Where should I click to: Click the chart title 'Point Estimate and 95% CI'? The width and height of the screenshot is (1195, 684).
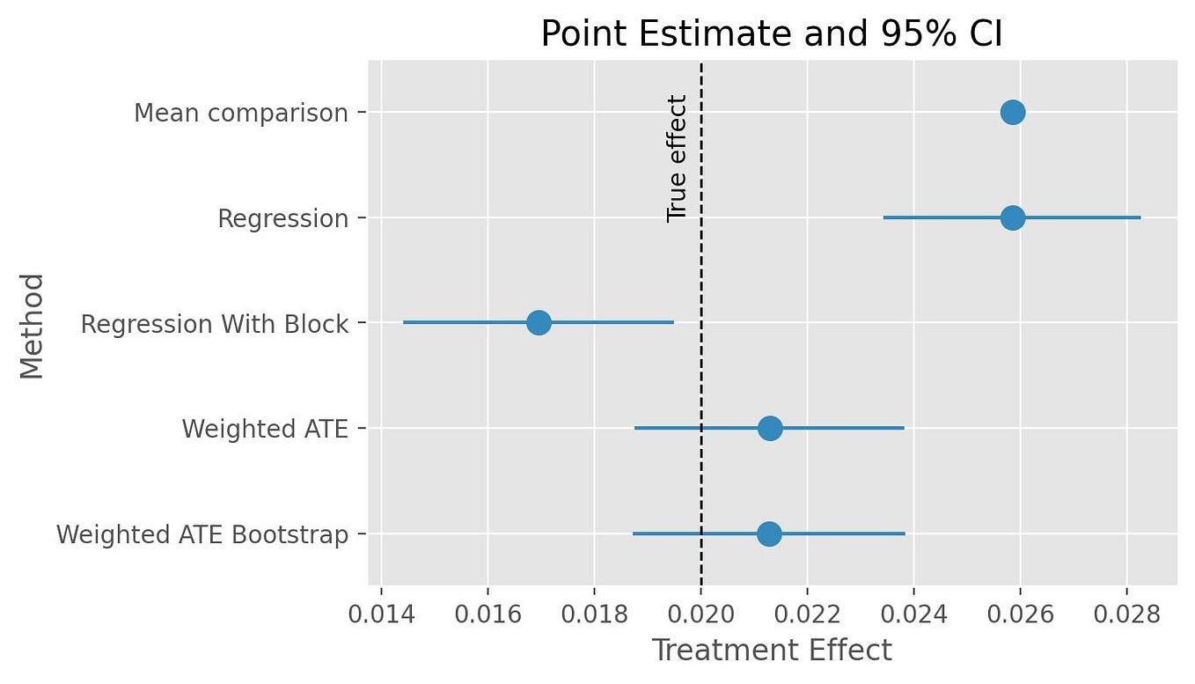coord(772,33)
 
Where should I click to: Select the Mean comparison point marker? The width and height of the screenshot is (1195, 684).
coord(1013,113)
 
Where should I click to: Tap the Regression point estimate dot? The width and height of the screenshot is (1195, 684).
coord(1013,217)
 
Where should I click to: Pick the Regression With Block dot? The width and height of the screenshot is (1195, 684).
coord(539,323)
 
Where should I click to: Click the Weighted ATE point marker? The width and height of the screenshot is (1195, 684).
coord(770,429)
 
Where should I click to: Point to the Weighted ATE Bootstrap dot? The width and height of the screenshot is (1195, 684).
coord(769,534)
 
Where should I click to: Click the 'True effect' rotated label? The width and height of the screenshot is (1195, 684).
coord(677,158)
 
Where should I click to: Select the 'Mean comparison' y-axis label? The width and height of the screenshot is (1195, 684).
coord(241,114)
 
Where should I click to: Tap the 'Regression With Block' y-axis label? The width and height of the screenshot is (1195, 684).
coord(215,324)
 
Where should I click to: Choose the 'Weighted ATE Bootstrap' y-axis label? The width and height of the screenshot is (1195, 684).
coord(202,535)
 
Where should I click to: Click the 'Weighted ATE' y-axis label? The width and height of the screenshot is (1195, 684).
coord(265,430)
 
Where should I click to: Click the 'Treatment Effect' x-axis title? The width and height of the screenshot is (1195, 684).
coord(772,651)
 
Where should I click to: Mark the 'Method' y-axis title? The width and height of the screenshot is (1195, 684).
coord(33,325)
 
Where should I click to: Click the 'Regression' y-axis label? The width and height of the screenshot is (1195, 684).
coord(283,218)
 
